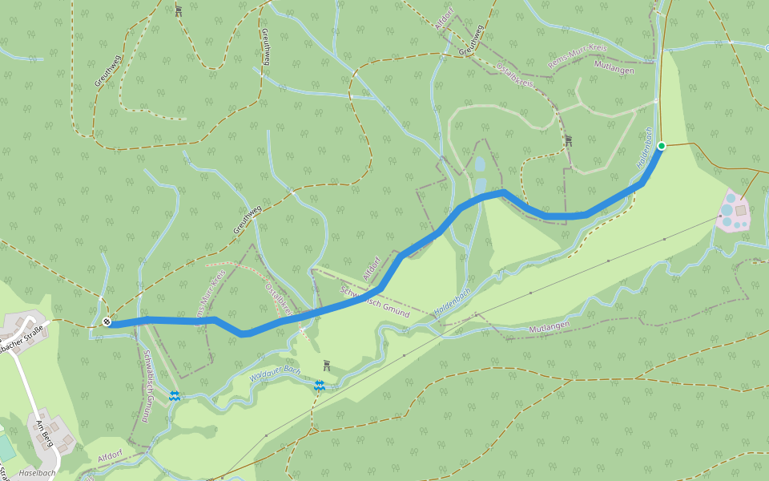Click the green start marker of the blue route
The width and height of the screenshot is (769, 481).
tap(662, 145)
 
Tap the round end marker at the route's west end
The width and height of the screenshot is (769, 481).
tap(107, 322)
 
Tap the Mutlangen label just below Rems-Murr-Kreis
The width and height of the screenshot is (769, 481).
tap(614, 71)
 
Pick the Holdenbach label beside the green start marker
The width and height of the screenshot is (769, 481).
tap(645, 148)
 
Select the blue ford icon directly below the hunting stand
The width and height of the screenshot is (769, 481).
tap(319, 386)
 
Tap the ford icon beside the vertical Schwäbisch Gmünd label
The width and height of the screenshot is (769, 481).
tap(174, 395)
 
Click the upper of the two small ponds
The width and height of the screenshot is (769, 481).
tap(480, 164)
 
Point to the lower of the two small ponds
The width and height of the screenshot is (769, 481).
tap(480, 186)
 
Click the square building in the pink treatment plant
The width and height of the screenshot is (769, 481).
tap(741, 210)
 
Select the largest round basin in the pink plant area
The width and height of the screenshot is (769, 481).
tap(727, 210)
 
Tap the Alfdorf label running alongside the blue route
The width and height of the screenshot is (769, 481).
tap(371, 268)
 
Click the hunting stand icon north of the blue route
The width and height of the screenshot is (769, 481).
tap(568, 141)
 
